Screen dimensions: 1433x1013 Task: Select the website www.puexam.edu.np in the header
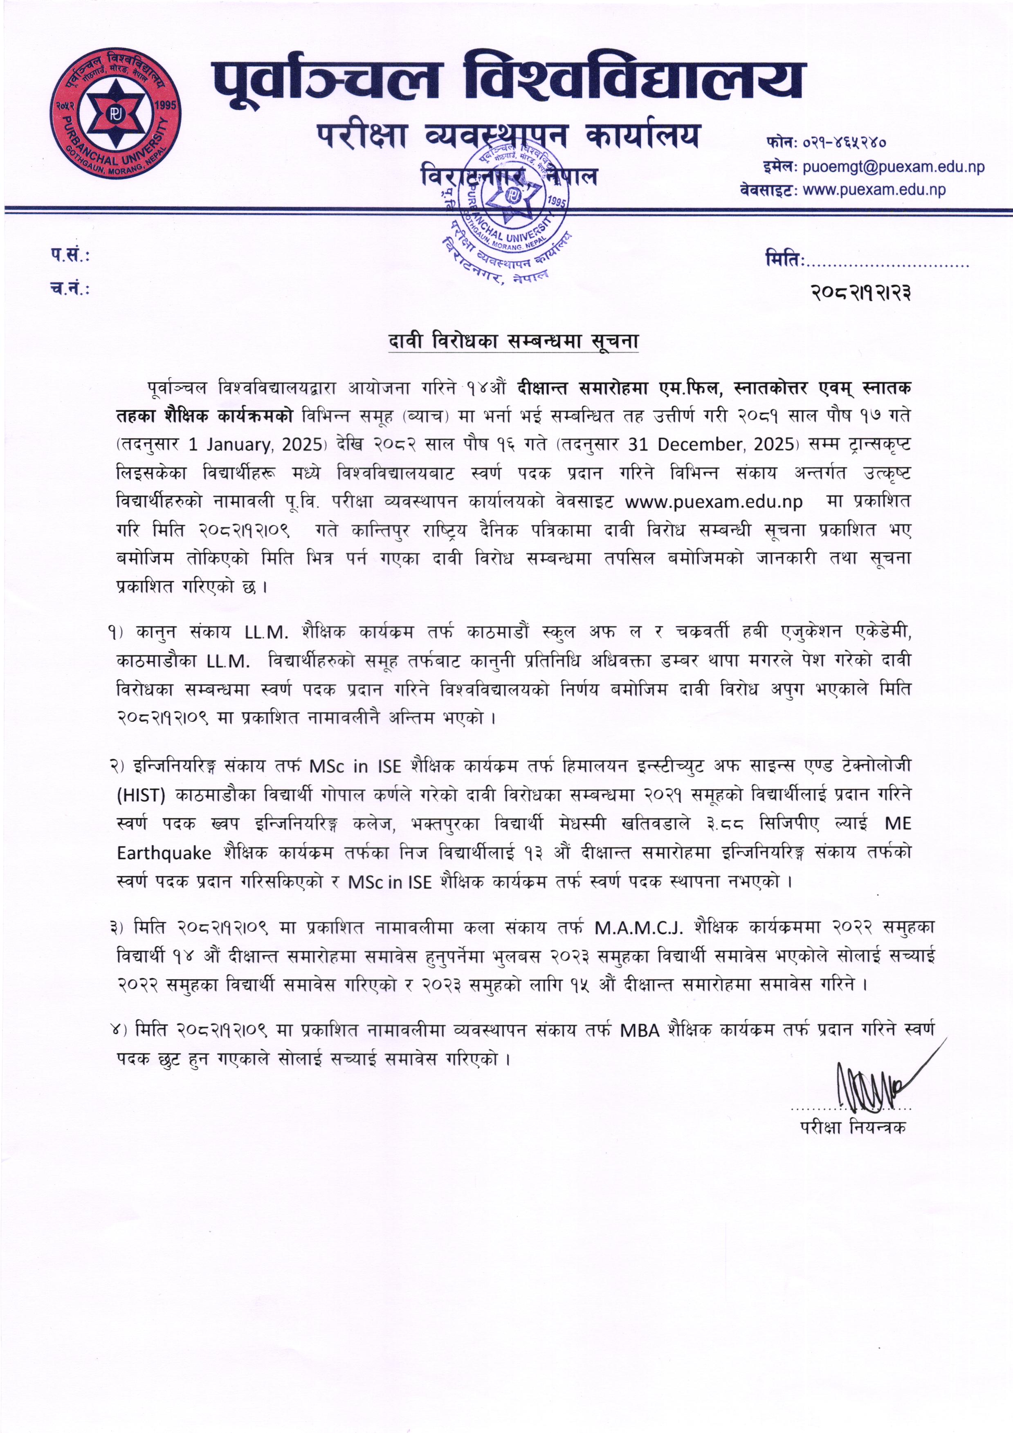click(x=874, y=190)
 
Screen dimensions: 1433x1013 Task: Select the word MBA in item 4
click(x=640, y=1030)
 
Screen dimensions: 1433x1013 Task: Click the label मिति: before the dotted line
click(x=784, y=258)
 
